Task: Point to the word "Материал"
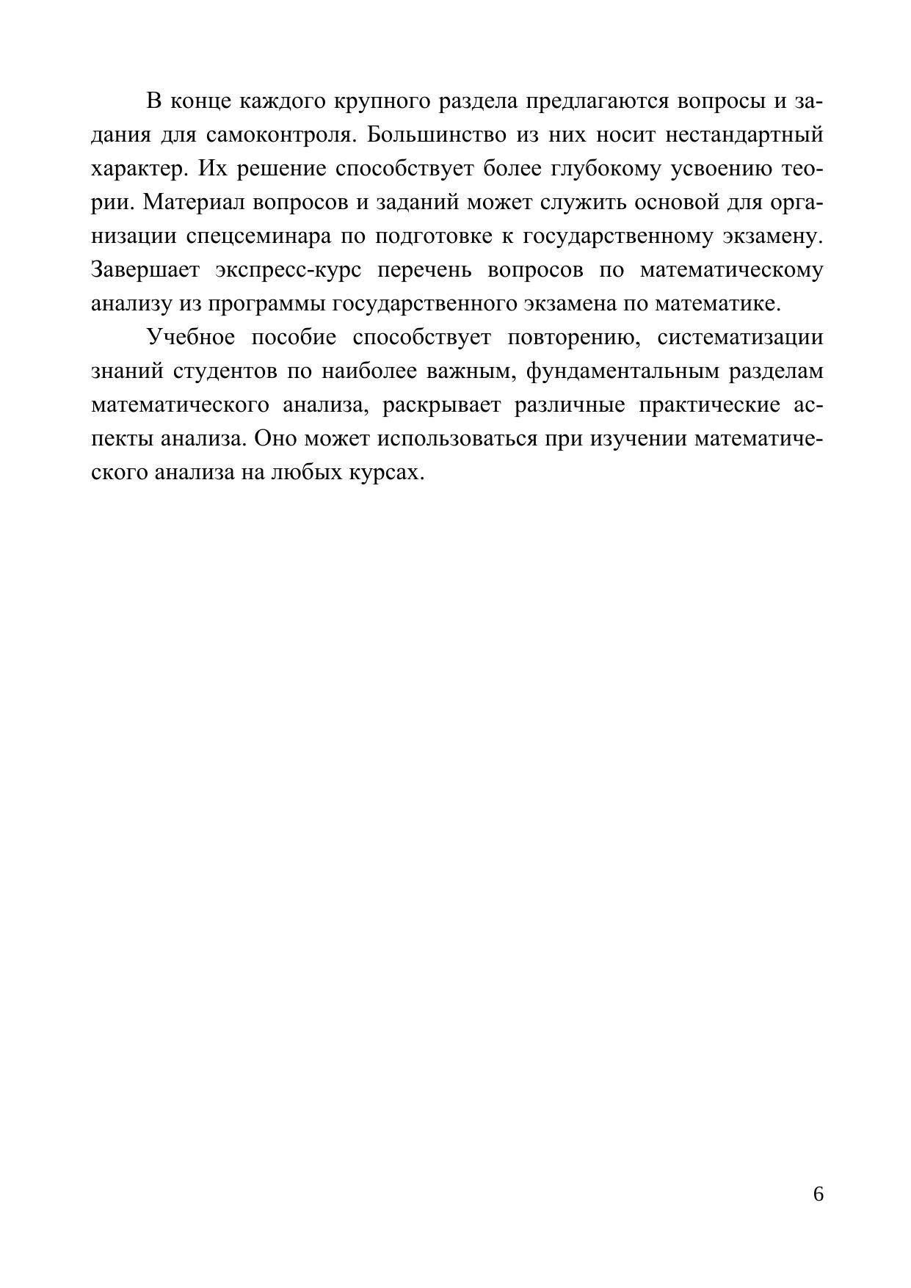193,203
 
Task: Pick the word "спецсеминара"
261,236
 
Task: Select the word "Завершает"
145,270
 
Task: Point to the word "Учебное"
191,338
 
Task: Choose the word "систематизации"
740,338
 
